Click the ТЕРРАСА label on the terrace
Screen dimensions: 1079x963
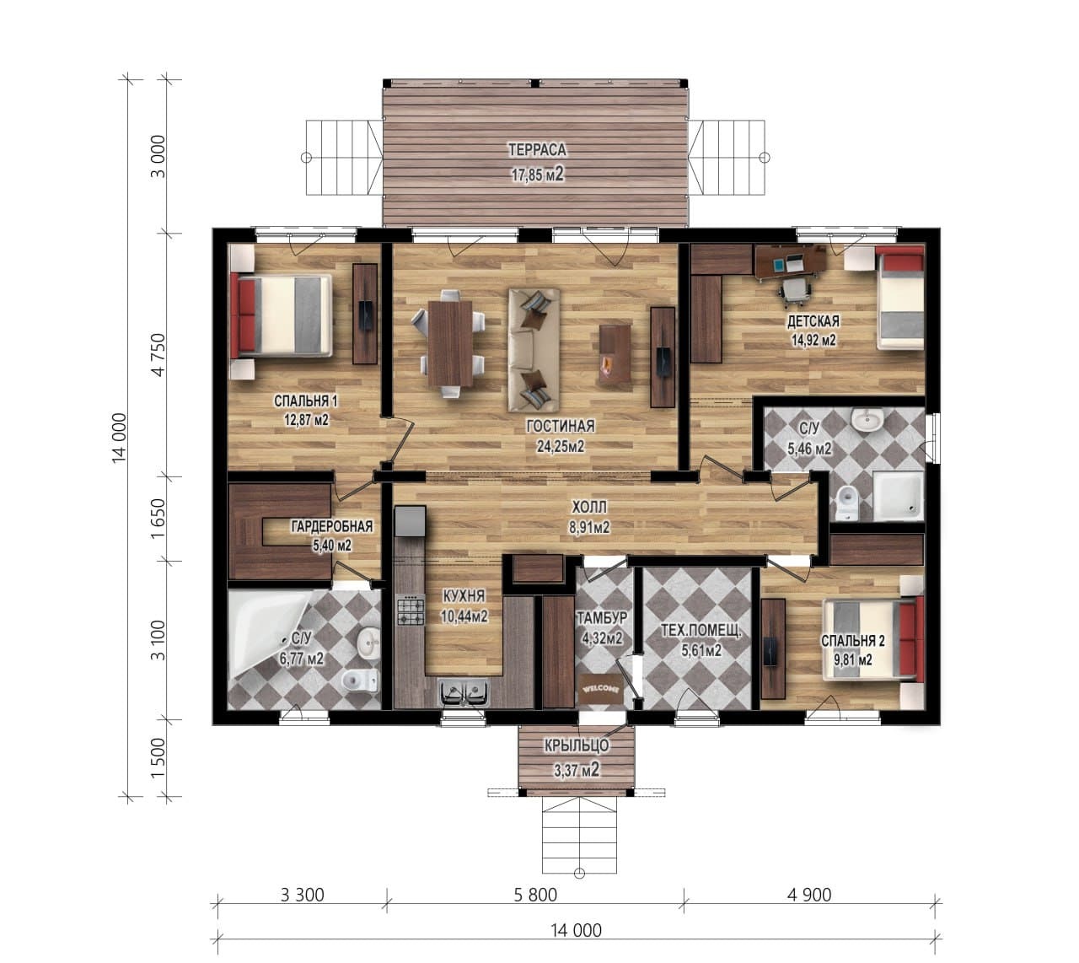click(x=537, y=150)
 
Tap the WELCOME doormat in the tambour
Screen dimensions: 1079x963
click(x=601, y=689)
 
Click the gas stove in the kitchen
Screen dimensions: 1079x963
click(x=411, y=610)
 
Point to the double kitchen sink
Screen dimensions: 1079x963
click(x=464, y=694)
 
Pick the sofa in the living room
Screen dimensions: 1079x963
click(x=534, y=350)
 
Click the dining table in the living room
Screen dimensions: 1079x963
click(x=450, y=343)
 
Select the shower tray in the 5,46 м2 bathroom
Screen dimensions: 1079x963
click(x=898, y=497)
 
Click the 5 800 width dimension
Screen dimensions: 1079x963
click(x=535, y=895)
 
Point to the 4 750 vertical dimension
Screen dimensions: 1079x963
click(x=159, y=354)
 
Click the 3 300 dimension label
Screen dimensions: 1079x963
click(x=302, y=895)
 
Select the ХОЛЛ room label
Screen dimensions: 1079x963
click(x=589, y=506)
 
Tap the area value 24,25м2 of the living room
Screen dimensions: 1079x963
click(x=561, y=446)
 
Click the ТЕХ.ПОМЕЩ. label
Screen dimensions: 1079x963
click(x=701, y=631)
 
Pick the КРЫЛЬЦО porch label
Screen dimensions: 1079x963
click(x=577, y=745)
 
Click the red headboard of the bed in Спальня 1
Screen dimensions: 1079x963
click(x=242, y=315)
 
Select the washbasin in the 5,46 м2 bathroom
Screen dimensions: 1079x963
click(x=867, y=419)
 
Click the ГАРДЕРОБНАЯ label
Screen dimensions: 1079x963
click(x=331, y=526)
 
